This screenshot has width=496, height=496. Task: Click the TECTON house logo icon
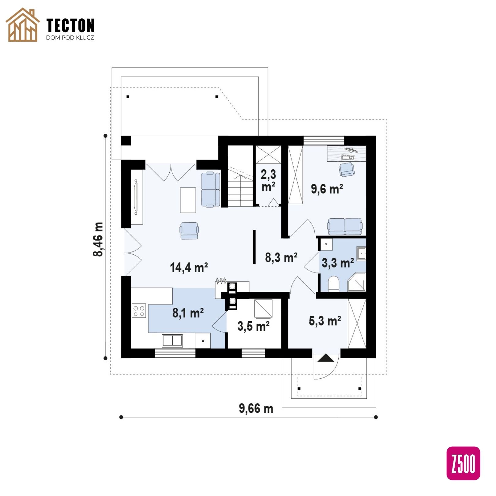[23, 25]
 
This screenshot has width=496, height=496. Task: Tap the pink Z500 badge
[463, 463]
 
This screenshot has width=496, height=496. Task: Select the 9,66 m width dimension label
[256, 408]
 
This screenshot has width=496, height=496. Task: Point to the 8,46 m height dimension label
[98, 239]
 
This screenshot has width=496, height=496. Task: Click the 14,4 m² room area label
[189, 267]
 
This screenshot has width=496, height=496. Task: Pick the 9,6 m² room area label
[327, 189]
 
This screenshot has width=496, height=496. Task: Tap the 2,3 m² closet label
[268, 181]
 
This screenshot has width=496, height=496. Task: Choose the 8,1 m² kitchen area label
[188, 313]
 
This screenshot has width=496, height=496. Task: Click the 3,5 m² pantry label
[254, 326]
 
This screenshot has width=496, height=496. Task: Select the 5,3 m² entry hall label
[325, 321]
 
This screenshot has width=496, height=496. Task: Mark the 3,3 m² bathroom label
[338, 263]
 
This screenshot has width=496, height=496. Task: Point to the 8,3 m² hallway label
[281, 257]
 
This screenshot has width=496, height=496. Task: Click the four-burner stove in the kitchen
[139, 311]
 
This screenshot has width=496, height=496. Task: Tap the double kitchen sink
[172, 341]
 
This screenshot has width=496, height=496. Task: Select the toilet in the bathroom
[334, 284]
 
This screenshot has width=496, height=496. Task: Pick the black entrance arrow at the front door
[325, 358]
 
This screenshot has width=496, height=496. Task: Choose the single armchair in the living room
[189, 231]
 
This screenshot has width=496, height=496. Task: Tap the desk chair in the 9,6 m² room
[346, 169]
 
